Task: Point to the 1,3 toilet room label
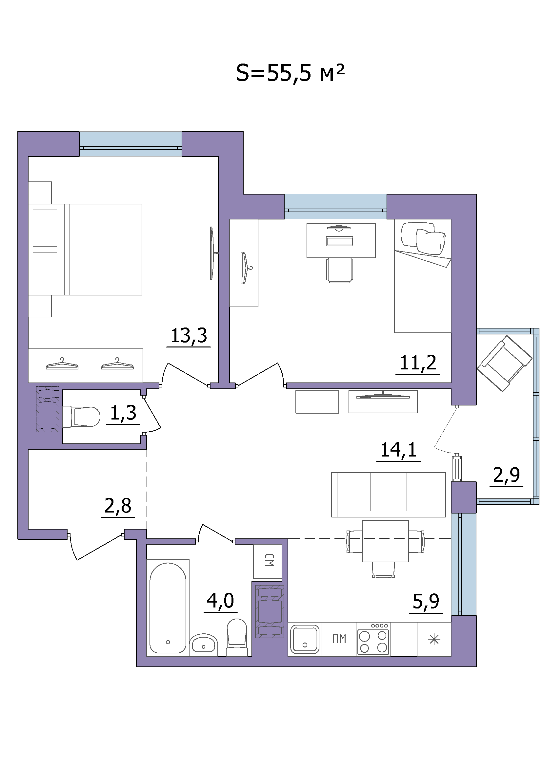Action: click(123, 413)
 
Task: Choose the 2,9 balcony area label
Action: click(506, 475)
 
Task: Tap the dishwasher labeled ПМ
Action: click(339, 639)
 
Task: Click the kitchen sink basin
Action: click(305, 639)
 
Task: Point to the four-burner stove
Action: click(373, 639)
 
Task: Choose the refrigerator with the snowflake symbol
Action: click(434, 639)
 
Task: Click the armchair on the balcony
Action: click(504, 363)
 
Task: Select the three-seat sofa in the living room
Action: click(388, 495)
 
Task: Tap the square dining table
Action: click(385, 541)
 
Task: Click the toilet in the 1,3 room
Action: click(82, 417)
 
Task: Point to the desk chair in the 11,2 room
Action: click(340, 270)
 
